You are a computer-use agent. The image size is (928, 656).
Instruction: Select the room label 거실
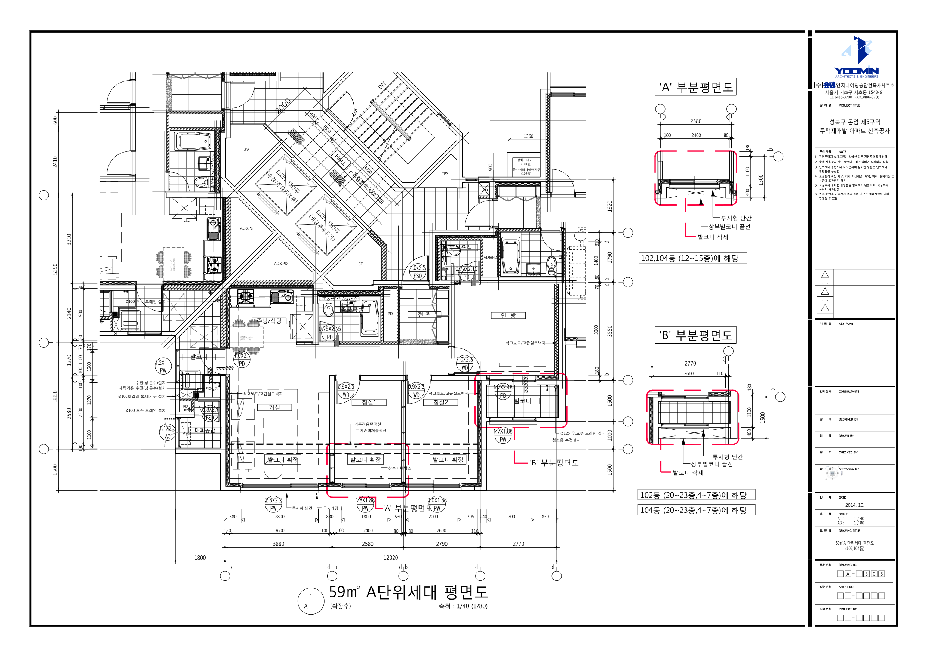coord(274,407)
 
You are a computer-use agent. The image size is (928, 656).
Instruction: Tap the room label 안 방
coord(508,315)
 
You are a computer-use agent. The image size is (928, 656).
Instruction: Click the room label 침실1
coord(369,402)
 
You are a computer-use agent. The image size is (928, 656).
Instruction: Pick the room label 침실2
coord(440,402)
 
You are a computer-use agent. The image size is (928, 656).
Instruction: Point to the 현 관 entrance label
coord(424,314)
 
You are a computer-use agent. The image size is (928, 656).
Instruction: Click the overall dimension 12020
coord(390,558)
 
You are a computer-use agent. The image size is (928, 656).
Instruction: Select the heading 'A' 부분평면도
coord(695,87)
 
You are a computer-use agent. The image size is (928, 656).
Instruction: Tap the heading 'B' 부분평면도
coord(695,335)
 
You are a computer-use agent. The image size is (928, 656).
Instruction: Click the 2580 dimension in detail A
coord(695,121)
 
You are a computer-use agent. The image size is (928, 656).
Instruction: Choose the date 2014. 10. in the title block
coord(854,505)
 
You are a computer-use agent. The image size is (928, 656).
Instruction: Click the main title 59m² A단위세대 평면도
coord(408,592)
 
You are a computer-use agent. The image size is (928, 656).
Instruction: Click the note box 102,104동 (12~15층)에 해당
coord(692,258)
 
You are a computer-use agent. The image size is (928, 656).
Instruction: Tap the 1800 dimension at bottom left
coord(200,558)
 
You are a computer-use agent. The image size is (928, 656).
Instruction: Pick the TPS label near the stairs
coord(445,174)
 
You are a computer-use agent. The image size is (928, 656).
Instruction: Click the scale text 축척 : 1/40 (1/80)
coord(463,606)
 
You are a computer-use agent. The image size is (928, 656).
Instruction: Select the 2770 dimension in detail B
coord(690,363)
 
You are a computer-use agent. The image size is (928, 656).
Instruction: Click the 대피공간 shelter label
coord(205,430)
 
